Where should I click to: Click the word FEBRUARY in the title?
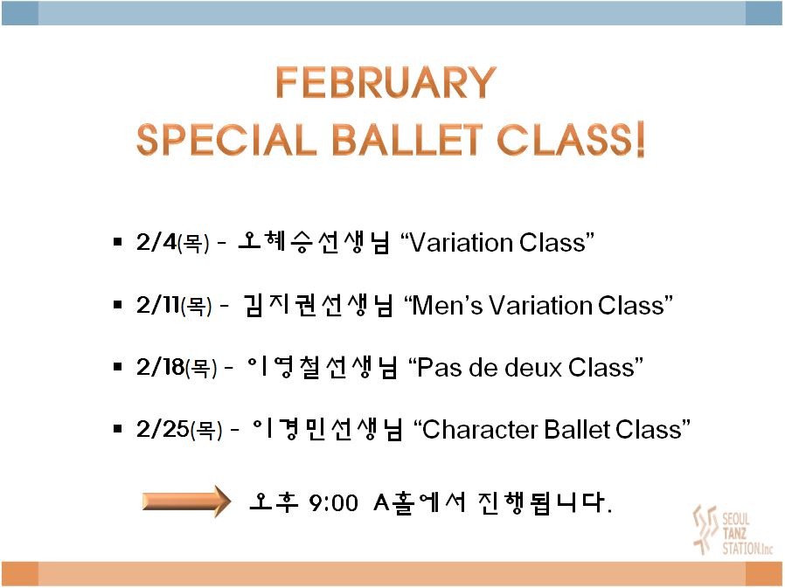[x=386, y=83]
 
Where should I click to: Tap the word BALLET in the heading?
[x=407, y=139]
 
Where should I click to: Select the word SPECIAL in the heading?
[x=226, y=139]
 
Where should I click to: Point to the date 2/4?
[x=156, y=242]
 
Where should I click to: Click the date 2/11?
[x=157, y=304]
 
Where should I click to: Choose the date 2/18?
[x=160, y=367]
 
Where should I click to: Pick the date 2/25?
[x=163, y=429]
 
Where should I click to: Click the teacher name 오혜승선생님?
[x=314, y=242]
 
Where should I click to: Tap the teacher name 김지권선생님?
[x=318, y=304]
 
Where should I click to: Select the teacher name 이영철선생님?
[x=323, y=367]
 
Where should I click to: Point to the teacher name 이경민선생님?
[x=327, y=429]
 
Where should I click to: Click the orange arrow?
[x=187, y=501]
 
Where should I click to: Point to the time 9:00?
[x=333, y=503]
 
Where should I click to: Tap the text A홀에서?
[x=420, y=502]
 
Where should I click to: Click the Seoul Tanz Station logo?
[x=732, y=530]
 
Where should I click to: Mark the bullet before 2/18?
[x=118, y=367]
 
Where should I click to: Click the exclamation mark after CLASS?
[x=640, y=139]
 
